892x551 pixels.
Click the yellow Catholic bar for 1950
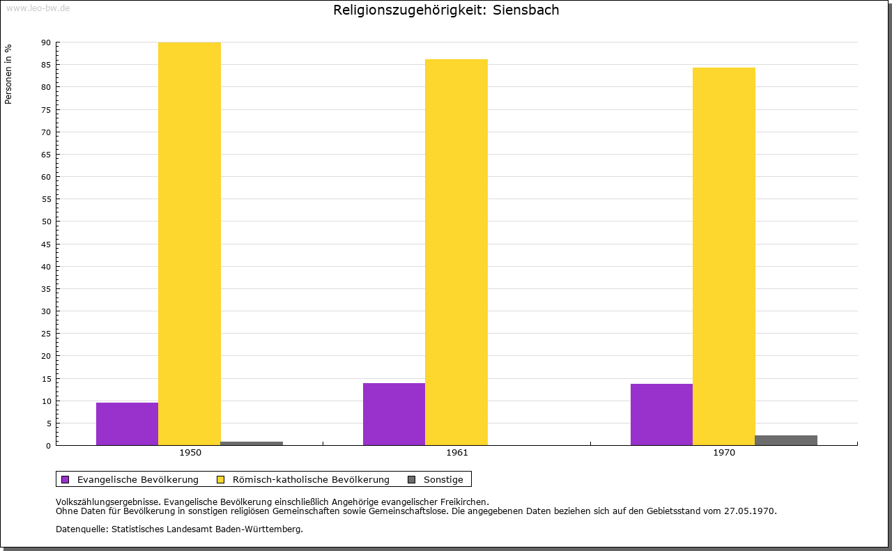190,244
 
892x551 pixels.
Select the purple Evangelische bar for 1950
127,424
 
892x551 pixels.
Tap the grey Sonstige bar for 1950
252,443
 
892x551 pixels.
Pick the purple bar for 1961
394,414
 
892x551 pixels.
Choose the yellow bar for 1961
456,252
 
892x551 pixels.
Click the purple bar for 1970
661,414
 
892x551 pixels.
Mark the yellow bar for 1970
723,256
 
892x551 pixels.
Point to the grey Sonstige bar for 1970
786,440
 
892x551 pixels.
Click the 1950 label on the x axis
190,453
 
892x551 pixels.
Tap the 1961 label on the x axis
457,453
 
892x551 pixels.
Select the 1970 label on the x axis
724,453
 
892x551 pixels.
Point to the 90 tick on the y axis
46,42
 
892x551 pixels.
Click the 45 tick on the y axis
46,245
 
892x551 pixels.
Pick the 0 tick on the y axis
49,446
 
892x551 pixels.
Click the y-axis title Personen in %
8,74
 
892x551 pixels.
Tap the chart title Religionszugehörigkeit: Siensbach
446,10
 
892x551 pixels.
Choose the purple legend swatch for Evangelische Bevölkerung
66,479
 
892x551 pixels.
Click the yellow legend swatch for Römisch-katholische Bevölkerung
220,479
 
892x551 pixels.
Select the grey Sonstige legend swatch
411,479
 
